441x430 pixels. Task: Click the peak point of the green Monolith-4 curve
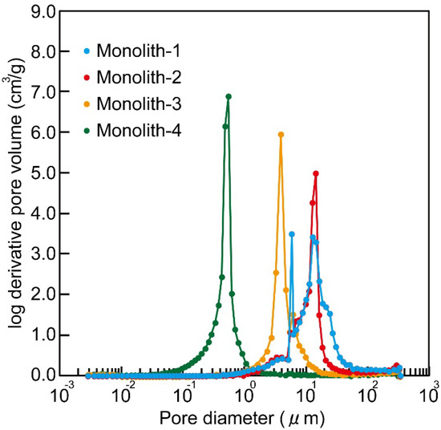click(x=229, y=96)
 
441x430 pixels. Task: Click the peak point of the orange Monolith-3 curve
click(x=281, y=135)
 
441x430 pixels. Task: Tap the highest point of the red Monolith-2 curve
click(x=316, y=173)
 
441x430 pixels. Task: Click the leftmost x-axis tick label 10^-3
click(x=64, y=395)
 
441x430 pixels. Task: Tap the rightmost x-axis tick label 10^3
click(x=430, y=395)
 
